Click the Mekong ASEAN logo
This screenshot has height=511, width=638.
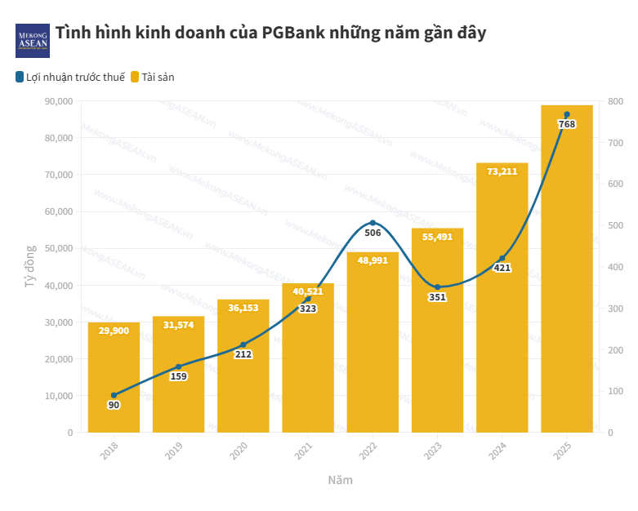33,40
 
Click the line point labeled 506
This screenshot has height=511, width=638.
373,223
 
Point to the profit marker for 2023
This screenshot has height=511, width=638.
437,287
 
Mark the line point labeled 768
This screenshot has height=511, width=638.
566,115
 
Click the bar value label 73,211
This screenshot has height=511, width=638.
502,171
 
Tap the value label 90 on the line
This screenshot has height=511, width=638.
114,406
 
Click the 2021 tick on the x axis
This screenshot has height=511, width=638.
303,450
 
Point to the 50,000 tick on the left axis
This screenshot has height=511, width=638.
58,248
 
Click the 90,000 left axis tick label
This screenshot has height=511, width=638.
58,101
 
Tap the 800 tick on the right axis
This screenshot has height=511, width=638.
616,101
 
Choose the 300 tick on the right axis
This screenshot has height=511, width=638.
616,309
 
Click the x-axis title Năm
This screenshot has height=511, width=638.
340,480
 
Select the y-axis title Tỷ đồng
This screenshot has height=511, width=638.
29,266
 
